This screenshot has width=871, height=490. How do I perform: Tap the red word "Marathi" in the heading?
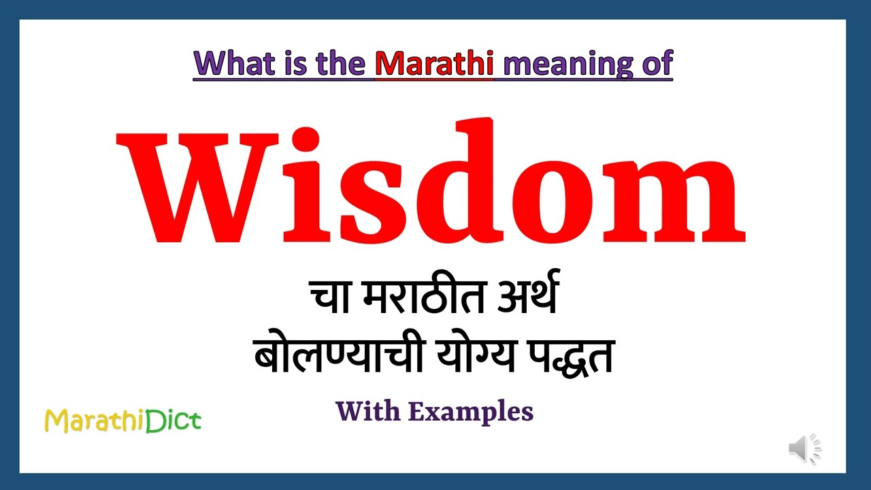click(435, 63)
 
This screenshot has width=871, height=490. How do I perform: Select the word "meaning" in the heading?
click(561, 63)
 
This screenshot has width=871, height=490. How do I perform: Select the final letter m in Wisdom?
click(674, 201)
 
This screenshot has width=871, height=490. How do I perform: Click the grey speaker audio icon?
click(805, 448)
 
